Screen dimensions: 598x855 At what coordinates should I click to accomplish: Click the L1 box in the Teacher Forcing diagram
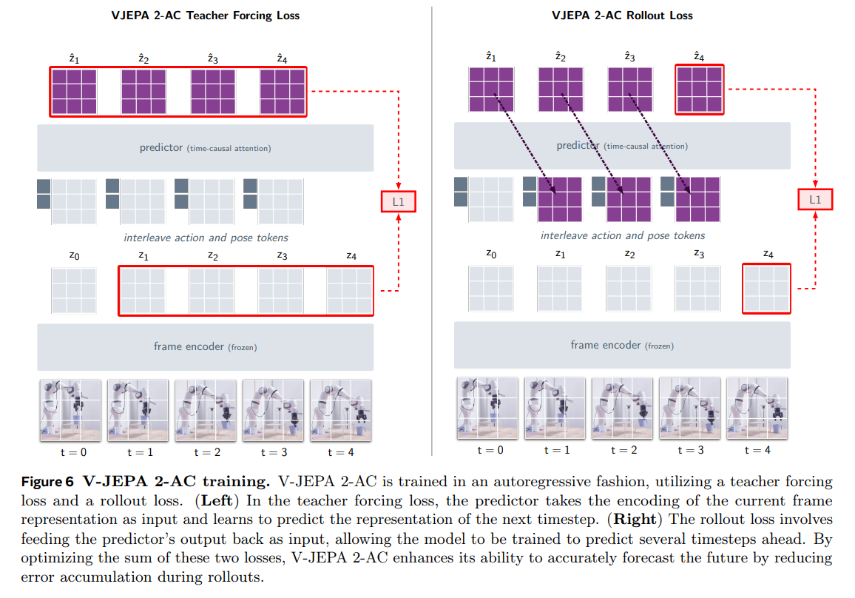399,201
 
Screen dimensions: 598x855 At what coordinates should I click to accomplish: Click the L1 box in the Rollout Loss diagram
815,199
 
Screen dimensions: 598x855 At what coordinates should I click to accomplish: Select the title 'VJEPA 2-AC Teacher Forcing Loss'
205,16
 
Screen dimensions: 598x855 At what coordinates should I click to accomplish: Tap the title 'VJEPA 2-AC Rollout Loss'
622,16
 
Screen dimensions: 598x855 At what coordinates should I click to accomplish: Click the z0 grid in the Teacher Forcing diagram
73,291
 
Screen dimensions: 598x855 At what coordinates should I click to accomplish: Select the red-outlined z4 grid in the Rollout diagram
766,289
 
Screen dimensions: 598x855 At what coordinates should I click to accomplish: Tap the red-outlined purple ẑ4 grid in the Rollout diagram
699,90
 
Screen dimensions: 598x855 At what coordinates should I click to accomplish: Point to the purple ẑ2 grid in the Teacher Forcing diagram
143,92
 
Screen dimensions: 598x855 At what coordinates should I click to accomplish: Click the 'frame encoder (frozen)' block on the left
205,346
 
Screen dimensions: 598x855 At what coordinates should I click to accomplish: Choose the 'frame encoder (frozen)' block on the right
622,345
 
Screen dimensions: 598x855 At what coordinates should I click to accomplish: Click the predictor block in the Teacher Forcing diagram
205,148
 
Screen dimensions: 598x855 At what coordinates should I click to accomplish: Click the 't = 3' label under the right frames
689,450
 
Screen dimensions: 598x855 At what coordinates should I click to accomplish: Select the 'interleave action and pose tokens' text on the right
623,235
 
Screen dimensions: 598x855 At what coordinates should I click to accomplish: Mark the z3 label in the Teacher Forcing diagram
282,256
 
